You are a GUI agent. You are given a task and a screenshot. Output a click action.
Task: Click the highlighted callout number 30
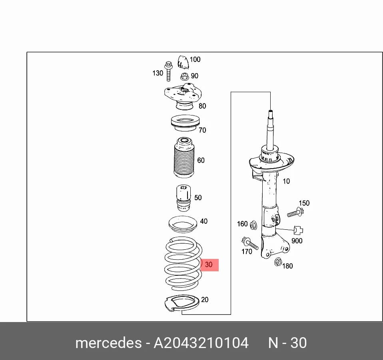209,265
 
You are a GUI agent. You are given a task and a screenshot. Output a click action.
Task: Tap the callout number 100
195,59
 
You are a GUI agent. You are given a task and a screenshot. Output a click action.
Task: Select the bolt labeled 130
168,71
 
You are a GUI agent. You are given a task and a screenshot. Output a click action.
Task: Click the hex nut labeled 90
185,77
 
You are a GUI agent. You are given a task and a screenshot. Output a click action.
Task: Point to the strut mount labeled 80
183,96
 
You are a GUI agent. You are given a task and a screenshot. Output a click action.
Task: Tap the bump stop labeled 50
184,198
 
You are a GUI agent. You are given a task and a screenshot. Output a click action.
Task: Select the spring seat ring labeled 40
183,225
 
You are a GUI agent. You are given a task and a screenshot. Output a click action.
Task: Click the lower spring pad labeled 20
182,303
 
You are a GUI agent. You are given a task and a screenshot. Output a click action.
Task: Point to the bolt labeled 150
295,213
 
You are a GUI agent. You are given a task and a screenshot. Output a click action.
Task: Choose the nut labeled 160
253,225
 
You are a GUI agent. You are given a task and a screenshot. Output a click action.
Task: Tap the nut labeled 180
278,262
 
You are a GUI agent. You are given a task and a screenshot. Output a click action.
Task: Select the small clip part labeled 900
298,230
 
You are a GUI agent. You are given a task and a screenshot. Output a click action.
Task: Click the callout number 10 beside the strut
286,181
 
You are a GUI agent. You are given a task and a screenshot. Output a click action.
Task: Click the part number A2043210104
201,343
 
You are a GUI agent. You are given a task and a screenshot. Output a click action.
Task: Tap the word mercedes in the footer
108,343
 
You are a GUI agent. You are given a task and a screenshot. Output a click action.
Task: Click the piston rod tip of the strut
270,112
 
